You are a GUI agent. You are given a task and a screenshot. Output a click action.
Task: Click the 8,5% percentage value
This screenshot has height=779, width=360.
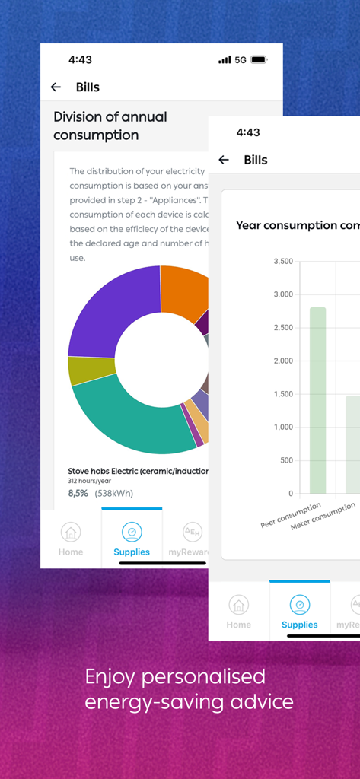(78, 493)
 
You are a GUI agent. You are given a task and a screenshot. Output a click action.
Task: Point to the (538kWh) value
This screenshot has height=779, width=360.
(113, 493)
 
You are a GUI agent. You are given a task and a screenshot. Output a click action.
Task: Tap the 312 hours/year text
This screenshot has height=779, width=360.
(89, 481)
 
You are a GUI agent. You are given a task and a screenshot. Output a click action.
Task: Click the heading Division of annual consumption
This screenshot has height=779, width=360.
(110, 126)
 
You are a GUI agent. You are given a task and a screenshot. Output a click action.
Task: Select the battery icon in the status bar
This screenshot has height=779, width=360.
(259, 59)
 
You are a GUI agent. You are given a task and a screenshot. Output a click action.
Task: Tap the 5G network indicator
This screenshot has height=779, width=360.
(240, 59)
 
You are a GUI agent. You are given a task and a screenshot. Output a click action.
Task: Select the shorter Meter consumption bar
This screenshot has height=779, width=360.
(352, 444)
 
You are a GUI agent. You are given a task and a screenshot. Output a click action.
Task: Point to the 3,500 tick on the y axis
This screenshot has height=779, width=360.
(282, 261)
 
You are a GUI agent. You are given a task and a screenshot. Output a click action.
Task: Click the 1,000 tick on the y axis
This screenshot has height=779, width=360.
(282, 427)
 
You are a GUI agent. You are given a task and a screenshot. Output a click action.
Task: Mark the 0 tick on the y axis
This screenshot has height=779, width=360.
(290, 494)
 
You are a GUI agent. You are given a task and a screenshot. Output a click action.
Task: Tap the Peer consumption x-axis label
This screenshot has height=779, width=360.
(291, 515)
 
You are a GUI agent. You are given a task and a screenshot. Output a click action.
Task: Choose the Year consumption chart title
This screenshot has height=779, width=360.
(298, 225)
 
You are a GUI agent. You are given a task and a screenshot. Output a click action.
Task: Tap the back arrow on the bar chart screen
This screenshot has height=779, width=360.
(223, 160)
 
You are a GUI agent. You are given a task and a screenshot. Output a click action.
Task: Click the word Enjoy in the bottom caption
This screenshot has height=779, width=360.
(112, 676)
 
